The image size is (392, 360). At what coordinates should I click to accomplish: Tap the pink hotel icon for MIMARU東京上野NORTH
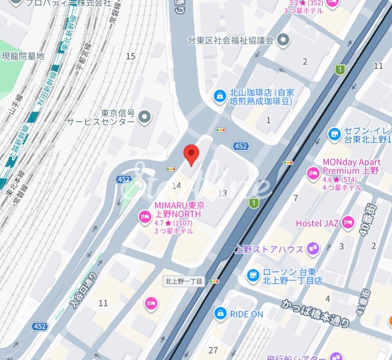point(144,216)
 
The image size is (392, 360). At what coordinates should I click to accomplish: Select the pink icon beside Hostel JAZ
point(348,223)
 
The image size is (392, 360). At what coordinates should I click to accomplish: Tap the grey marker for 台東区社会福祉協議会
point(283,40)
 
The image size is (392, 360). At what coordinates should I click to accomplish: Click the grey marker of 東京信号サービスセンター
point(144,117)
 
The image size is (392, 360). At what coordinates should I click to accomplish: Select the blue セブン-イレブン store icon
point(334,134)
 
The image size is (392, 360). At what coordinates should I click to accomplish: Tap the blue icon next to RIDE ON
point(220,313)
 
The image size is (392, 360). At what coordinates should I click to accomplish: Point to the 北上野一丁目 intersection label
point(183,281)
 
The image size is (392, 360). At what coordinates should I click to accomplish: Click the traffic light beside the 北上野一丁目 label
point(214,281)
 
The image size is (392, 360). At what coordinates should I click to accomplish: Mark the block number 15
point(130,56)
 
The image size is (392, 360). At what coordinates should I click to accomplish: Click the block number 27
point(213,350)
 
